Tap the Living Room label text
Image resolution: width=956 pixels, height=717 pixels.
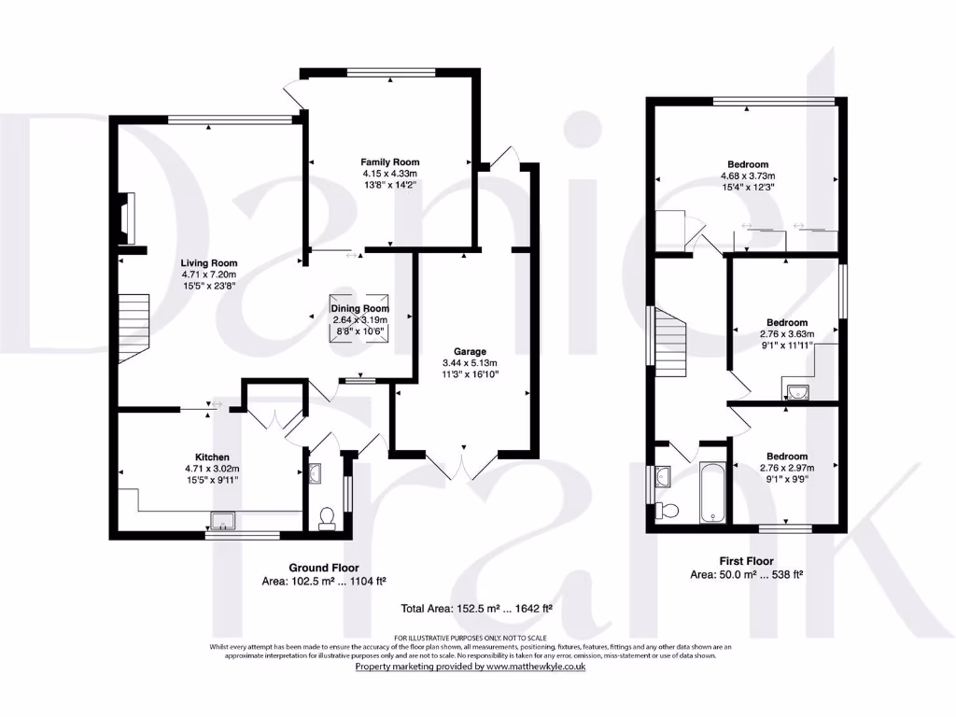(209, 263)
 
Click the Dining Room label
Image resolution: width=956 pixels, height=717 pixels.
(359, 309)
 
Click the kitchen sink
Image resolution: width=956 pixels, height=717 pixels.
(225, 520)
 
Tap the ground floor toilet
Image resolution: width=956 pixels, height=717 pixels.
(327, 518)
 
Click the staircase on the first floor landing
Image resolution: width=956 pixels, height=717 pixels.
(669, 341)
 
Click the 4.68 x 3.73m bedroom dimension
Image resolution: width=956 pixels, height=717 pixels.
(748, 176)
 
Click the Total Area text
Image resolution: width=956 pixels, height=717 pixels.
(477, 608)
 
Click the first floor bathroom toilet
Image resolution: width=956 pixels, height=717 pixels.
(666, 510)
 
